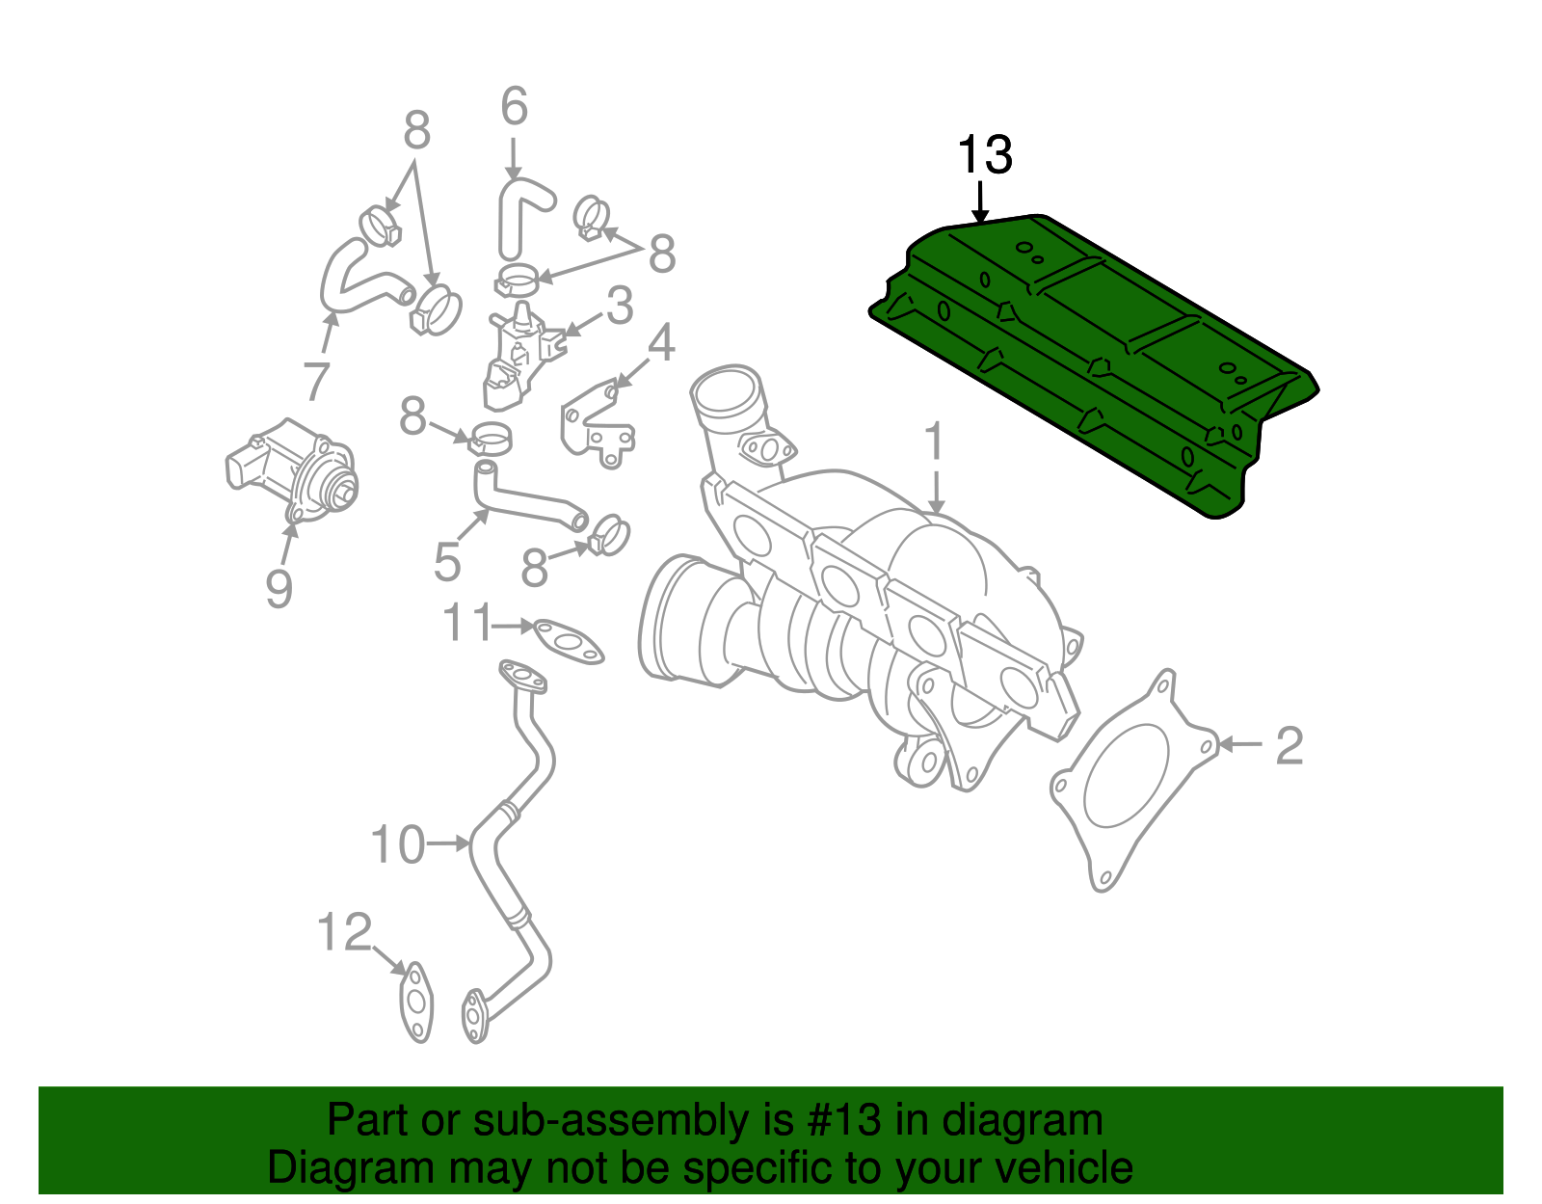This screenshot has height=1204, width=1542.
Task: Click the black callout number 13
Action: (984, 155)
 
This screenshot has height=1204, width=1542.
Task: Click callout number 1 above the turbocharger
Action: (933, 442)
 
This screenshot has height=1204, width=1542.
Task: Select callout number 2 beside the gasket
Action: (1289, 745)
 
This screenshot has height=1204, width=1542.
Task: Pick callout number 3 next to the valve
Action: (619, 306)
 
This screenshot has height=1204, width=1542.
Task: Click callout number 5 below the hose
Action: (446, 562)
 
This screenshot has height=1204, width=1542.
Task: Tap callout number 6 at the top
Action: (514, 106)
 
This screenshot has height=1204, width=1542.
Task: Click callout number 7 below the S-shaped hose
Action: (317, 381)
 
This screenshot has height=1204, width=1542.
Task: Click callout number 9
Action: (279, 588)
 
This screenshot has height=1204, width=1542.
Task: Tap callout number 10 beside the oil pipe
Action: (397, 844)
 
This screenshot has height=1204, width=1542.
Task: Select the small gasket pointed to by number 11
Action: (569, 642)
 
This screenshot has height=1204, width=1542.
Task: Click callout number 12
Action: (344, 932)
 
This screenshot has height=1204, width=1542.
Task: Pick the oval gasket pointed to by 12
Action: (416, 1003)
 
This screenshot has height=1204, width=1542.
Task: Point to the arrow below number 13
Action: (980, 201)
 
